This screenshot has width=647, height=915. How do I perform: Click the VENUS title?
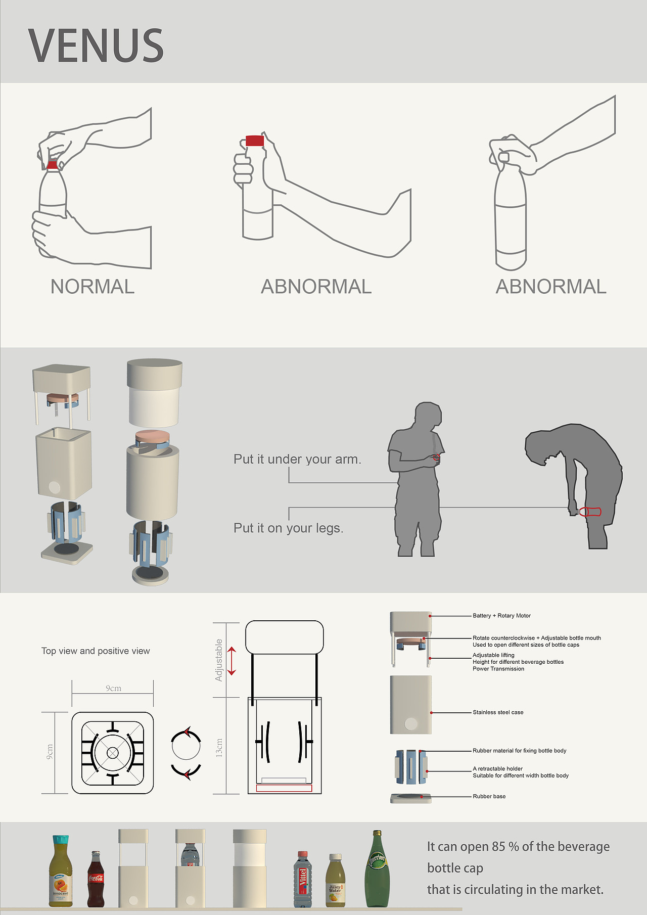click(96, 45)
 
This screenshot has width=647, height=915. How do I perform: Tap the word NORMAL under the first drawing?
click(93, 287)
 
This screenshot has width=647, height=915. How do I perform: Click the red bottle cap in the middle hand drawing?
click(255, 141)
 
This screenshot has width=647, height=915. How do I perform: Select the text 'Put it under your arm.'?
click(297, 459)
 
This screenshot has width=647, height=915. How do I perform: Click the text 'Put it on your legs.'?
click(288, 528)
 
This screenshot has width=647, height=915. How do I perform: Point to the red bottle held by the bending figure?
click(590, 512)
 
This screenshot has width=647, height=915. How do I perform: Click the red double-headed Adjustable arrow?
click(232, 661)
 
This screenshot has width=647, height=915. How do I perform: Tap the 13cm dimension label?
click(219, 747)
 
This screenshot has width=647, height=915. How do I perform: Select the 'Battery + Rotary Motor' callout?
click(501, 616)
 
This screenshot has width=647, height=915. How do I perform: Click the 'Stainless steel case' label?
click(498, 712)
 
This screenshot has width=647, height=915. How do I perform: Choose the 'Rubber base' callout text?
click(489, 796)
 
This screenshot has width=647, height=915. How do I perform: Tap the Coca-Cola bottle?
click(96, 879)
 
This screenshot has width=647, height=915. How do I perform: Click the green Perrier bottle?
click(377, 868)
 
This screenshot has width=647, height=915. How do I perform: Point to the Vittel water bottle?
click(302, 879)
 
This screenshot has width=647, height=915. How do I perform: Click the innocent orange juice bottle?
click(61, 871)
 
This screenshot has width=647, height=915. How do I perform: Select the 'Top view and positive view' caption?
click(96, 651)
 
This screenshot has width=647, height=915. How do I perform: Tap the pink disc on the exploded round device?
click(152, 436)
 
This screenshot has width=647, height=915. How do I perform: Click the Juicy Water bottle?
click(335, 880)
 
